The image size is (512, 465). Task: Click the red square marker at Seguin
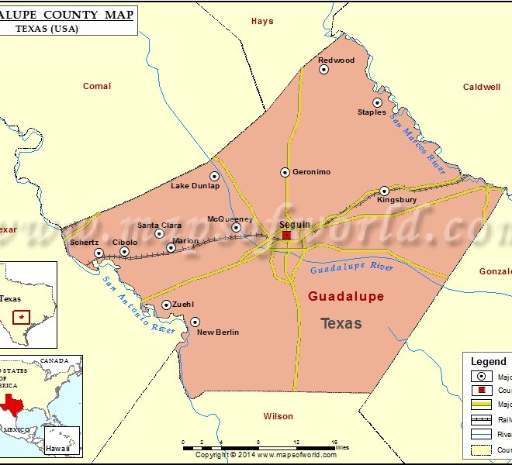pyautogui.click(x=286, y=235)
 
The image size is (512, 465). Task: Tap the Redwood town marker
pyautogui.click(x=324, y=69)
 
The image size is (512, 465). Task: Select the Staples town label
pyautogui.click(x=372, y=112)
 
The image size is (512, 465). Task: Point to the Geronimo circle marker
pyautogui.click(x=285, y=172)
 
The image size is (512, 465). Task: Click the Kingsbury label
pyautogui.click(x=396, y=200)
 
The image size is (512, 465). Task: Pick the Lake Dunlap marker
pyautogui.click(x=215, y=176)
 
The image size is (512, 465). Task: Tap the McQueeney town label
pyautogui.click(x=230, y=219)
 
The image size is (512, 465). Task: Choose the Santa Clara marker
pyautogui.click(x=159, y=233)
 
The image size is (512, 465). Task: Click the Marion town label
pyautogui.click(x=186, y=241)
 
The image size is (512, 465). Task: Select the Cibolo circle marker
pyautogui.click(x=124, y=251)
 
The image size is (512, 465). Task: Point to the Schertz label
pyautogui.click(x=84, y=243)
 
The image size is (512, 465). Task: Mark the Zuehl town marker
pyautogui.click(x=166, y=305)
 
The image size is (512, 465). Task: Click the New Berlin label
pyautogui.click(x=218, y=332)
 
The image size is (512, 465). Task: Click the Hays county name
pyautogui.click(x=262, y=21)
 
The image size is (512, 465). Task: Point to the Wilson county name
pyautogui.click(x=278, y=416)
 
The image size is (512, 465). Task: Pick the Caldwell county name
pyautogui.click(x=482, y=87)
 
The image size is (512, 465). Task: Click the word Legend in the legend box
pyautogui.click(x=488, y=362)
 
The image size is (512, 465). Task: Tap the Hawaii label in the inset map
pyautogui.click(x=57, y=449)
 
